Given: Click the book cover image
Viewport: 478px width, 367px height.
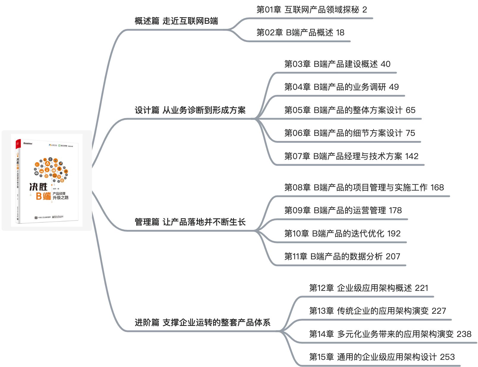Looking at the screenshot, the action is pos(47,180).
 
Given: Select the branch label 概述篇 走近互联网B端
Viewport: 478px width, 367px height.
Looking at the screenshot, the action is pos(176,21).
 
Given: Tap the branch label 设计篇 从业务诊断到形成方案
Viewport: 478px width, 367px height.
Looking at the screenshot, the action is pos(190,110).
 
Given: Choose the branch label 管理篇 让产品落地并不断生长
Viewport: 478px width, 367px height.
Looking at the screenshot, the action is pos(190,222).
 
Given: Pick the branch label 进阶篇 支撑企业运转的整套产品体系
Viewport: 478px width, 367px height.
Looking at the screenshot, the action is pos(202,322).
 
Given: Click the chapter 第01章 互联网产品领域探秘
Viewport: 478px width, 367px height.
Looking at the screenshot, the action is pos(308,10).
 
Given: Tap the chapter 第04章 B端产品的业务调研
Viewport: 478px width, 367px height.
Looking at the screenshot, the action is pos(335,87).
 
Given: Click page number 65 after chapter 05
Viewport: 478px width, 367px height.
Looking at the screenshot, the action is pos(410,110).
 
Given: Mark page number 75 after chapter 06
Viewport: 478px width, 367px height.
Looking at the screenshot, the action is pos(410,133).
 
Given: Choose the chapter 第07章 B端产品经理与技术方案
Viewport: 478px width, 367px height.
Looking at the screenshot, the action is pos(343,156).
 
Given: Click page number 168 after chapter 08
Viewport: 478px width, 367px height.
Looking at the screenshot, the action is pos(437,188).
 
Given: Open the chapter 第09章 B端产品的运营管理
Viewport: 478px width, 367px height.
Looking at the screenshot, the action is pos(335,211).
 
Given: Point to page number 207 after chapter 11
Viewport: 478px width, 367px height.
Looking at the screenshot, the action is pos(393,257).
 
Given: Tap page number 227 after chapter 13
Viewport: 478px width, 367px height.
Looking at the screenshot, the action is pos(439,311).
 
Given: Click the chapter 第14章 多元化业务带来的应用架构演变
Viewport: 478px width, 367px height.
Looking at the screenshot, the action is pos(381,334).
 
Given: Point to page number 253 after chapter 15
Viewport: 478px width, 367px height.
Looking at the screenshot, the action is pos(447,357).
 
